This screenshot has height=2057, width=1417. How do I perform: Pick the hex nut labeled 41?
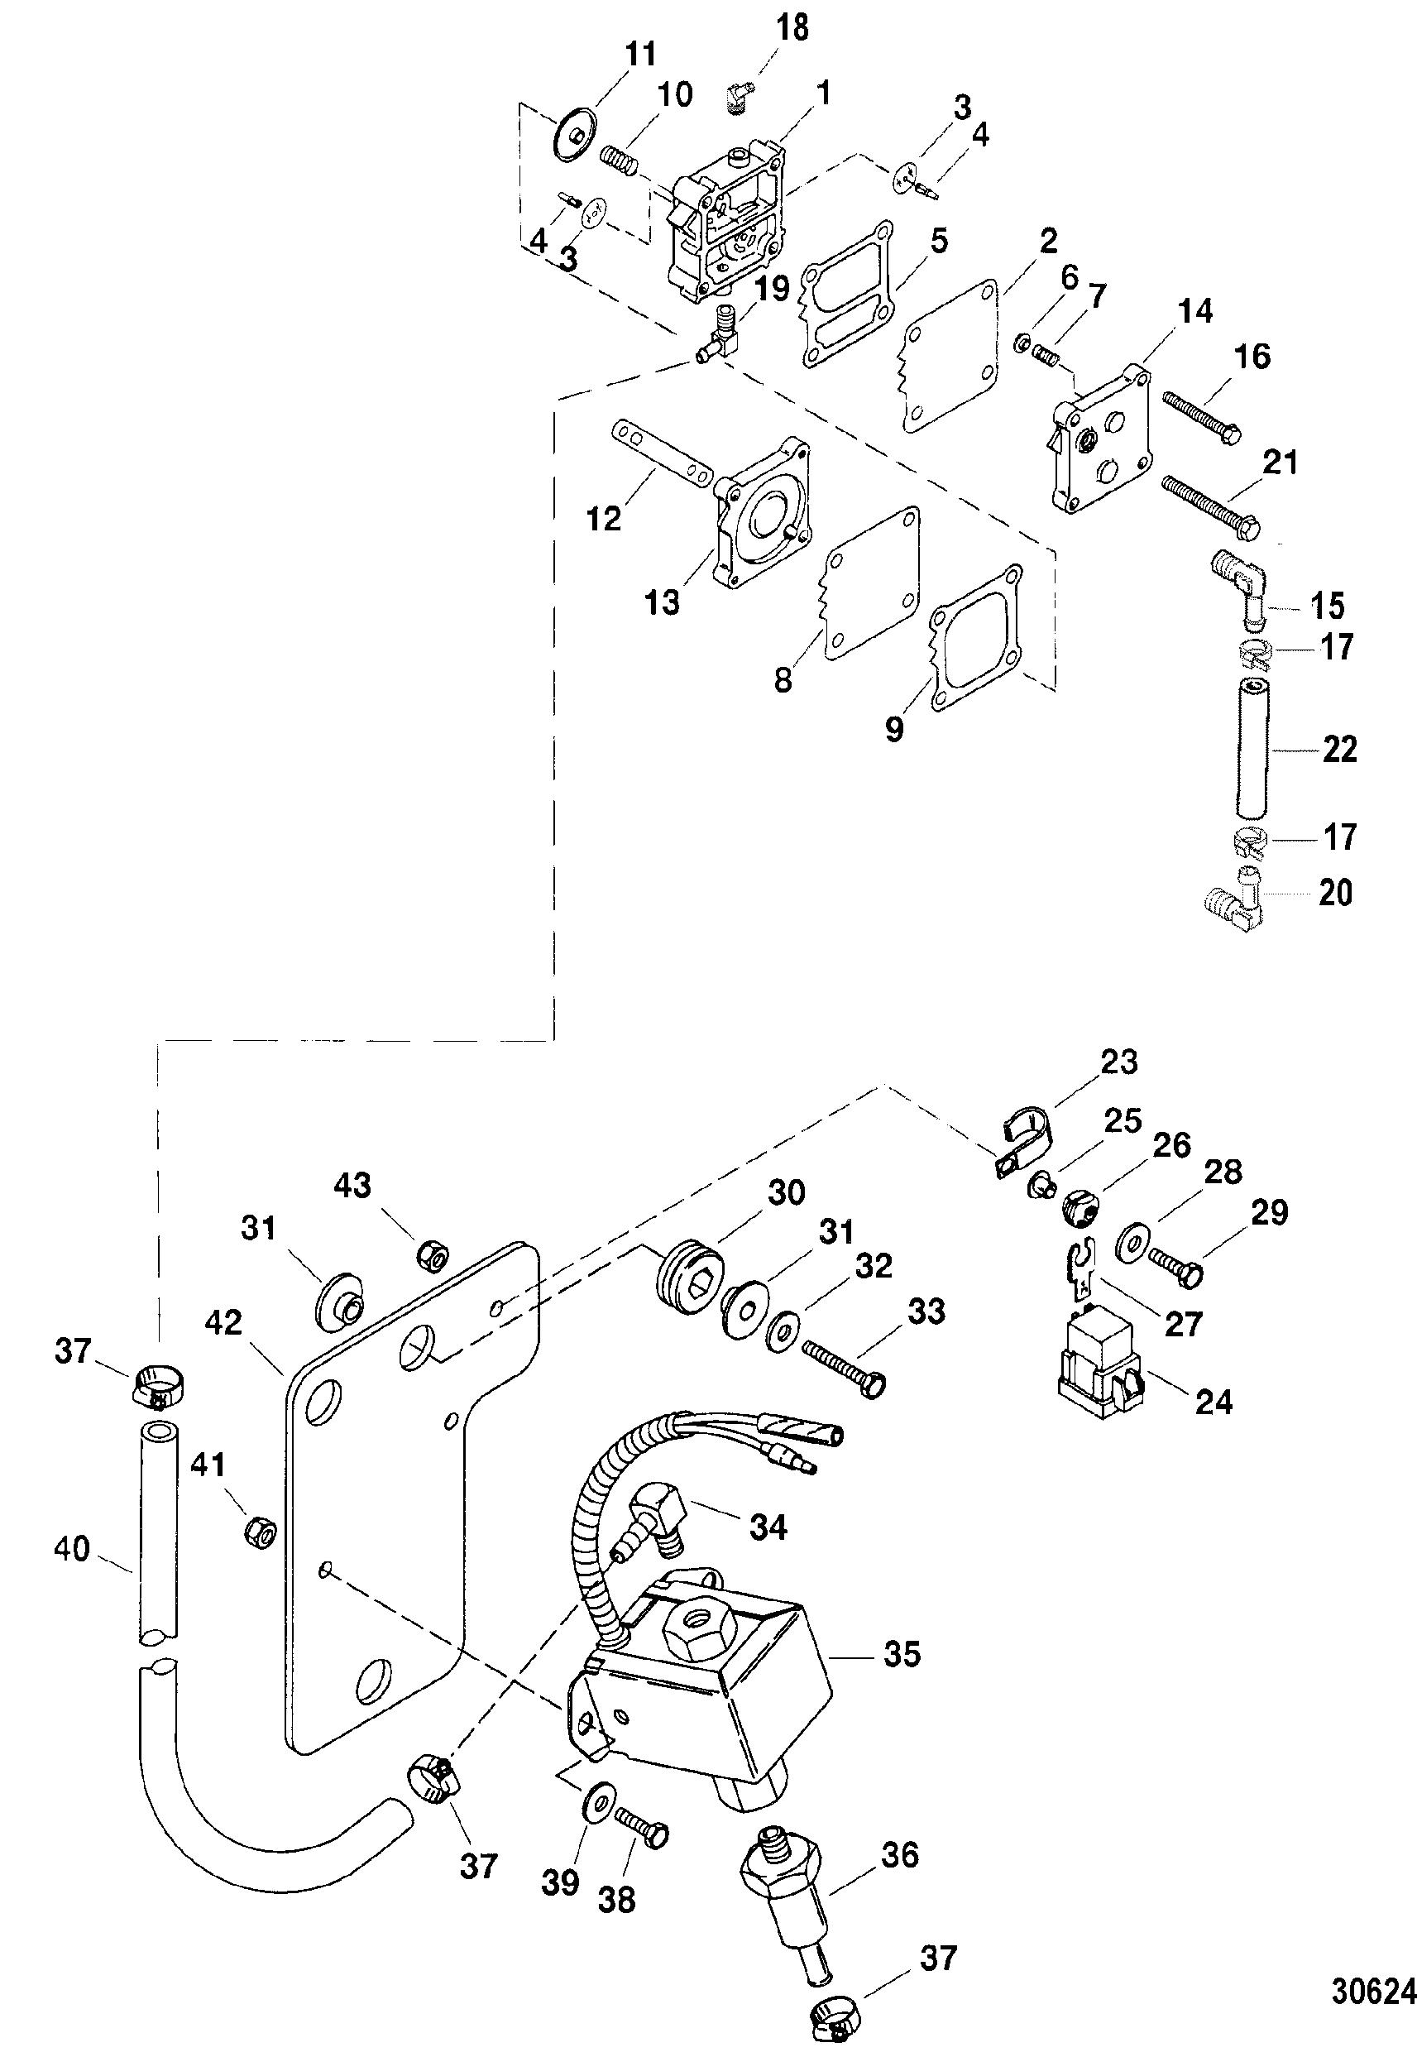tap(260, 1529)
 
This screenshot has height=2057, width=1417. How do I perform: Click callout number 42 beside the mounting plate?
tap(223, 1322)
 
